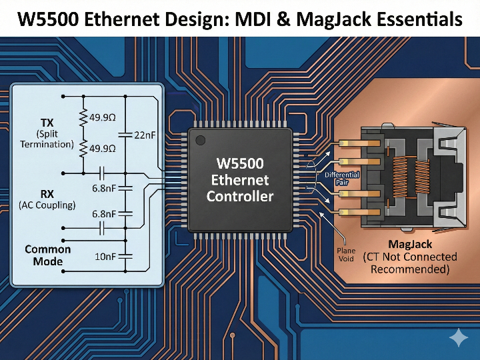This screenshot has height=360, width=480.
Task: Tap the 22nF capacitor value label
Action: pos(145,135)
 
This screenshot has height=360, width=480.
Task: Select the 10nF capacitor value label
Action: pos(105,256)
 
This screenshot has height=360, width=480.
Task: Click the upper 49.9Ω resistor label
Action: pos(102,118)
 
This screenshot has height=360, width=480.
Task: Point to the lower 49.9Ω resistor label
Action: pos(102,149)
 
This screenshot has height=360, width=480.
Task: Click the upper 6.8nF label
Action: pos(105,189)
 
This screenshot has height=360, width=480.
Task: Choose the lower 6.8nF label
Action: pos(105,214)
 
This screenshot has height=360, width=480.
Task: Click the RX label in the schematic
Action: pos(47,194)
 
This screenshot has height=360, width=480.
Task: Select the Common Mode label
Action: pos(48,255)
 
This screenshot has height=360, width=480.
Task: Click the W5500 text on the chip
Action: pos(240,163)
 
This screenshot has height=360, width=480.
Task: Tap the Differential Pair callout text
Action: pos(341,179)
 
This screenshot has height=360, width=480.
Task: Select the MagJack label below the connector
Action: pos(410,245)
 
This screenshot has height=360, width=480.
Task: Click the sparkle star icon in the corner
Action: pos(459,339)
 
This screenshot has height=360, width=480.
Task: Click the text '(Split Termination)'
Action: pos(47,139)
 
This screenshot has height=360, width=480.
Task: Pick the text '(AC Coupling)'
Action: pos(47,205)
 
